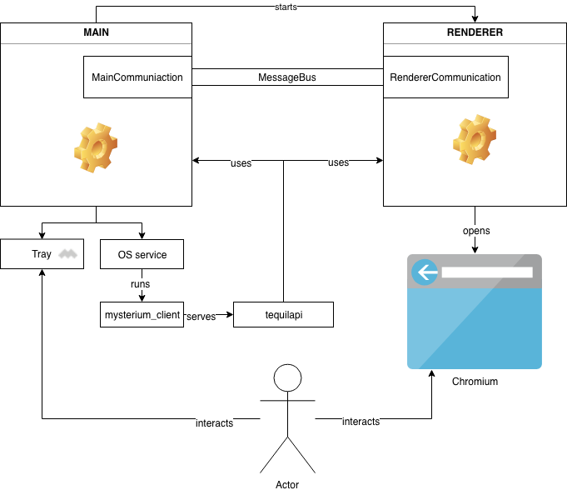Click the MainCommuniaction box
tap(137, 77)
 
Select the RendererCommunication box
tap(445, 77)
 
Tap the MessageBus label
tap(287, 77)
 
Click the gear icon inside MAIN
tap(95, 147)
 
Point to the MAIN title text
tap(96, 33)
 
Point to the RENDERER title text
tap(475, 33)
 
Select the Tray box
tap(42, 254)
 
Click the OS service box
tap(141, 254)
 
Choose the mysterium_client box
tap(141, 315)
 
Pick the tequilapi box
tap(283, 315)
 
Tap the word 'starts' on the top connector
tap(286, 7)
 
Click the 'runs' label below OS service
tap(140, 284)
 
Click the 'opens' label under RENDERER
tap(475, 230)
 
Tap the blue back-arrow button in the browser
tap(425, 272)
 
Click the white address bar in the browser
tap(486, 272)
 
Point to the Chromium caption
tap(475, 382)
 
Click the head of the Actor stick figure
tap(287, 377)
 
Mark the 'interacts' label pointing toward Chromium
tap(361, 422)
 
